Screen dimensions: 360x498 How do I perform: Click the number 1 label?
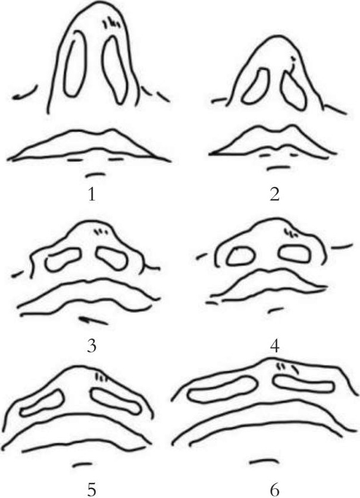tap(92, 195)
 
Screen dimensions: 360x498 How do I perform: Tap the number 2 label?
tap(274, 195)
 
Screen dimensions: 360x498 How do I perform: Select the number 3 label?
tap(92, 346)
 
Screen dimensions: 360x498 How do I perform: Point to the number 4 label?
tap(275, 346)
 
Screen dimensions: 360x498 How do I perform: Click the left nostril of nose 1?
tap(65, 64)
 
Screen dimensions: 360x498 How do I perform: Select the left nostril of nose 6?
tap(190, 394)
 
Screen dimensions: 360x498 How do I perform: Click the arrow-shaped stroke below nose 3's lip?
tap(94, 321)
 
